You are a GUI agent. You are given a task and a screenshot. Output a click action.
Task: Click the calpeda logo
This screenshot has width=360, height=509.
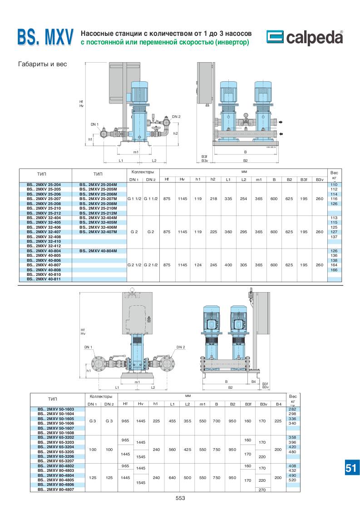point(304,38)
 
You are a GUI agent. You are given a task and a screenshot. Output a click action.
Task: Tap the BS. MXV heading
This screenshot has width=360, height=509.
point(45,38)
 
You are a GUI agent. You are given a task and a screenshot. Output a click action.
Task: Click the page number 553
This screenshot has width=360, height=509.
point(180,498)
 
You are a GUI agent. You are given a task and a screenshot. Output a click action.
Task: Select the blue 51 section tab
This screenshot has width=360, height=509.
point(350,468)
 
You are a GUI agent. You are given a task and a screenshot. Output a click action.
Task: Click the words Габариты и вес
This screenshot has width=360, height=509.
point(42,64)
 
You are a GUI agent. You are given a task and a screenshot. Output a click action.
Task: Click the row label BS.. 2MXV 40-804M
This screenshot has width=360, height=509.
point(98,251)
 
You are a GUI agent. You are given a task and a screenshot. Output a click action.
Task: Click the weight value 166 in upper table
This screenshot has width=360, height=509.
point(334,270)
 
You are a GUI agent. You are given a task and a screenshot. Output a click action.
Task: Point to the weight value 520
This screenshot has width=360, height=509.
point(292,480)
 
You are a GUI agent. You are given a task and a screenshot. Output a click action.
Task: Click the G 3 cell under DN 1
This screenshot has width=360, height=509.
point(93,421)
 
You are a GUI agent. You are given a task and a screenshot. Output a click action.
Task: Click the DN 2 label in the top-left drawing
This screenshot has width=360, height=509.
point(176,117)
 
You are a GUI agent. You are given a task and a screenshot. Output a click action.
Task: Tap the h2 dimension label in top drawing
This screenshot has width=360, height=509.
point(175,134)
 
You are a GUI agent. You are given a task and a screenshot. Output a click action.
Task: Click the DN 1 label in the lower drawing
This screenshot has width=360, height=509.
point(88,347)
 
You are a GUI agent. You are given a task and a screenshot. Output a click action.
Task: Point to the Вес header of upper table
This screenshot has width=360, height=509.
point(334,173)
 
